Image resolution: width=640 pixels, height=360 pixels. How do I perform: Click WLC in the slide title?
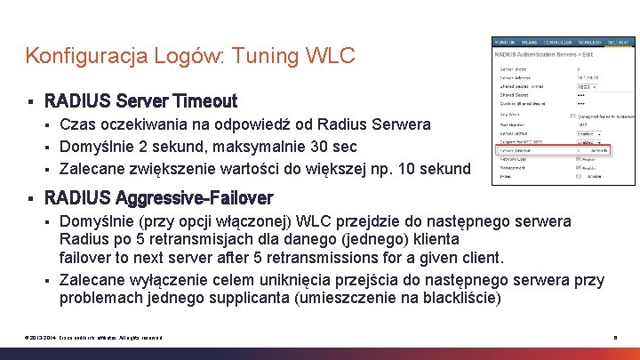pos(332,56)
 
